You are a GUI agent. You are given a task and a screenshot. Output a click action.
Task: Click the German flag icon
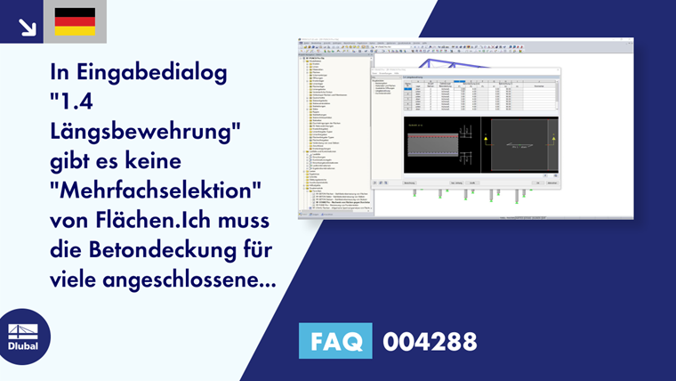point(75,21)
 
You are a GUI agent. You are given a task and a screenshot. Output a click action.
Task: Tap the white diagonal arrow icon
point(27,26)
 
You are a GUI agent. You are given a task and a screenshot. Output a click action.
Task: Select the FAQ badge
point(335,341)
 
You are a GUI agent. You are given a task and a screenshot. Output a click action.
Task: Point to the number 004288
point(430,341)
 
